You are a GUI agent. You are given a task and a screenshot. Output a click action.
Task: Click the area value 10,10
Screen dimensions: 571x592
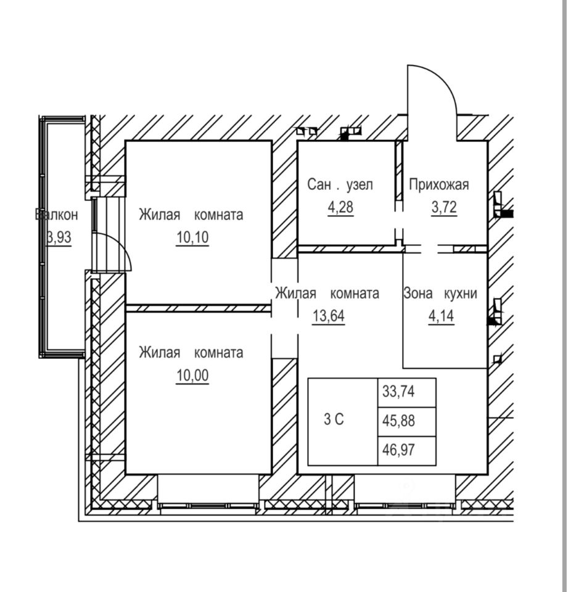[191, 237]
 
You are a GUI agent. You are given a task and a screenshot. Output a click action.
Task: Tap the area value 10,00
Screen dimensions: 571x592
[191, 375]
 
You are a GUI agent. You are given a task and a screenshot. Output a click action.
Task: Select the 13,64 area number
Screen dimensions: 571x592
[327, 315]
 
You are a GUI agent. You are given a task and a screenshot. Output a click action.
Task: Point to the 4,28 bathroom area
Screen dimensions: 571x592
[341, 207]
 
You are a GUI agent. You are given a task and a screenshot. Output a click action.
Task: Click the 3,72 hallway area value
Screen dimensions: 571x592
[444, 207]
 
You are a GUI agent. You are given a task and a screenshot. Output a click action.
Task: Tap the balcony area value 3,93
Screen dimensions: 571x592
[59, 237]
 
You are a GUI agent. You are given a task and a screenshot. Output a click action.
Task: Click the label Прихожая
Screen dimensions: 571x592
[439, 184]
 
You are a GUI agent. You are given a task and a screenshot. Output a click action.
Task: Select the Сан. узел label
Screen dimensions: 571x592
[340, 184]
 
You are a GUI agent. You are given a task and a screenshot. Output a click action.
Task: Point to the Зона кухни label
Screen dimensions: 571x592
[440, 294]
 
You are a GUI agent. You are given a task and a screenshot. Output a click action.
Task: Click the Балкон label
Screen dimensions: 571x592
[57, 215]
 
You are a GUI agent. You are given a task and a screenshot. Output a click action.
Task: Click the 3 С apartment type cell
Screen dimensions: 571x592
[334, 420]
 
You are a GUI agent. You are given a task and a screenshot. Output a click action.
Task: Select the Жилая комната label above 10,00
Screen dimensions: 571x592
[191, 353]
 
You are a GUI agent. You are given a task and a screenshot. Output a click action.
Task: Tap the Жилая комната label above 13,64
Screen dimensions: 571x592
[327, 294]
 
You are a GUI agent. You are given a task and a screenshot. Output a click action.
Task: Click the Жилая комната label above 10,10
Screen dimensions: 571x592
[191, 215]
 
